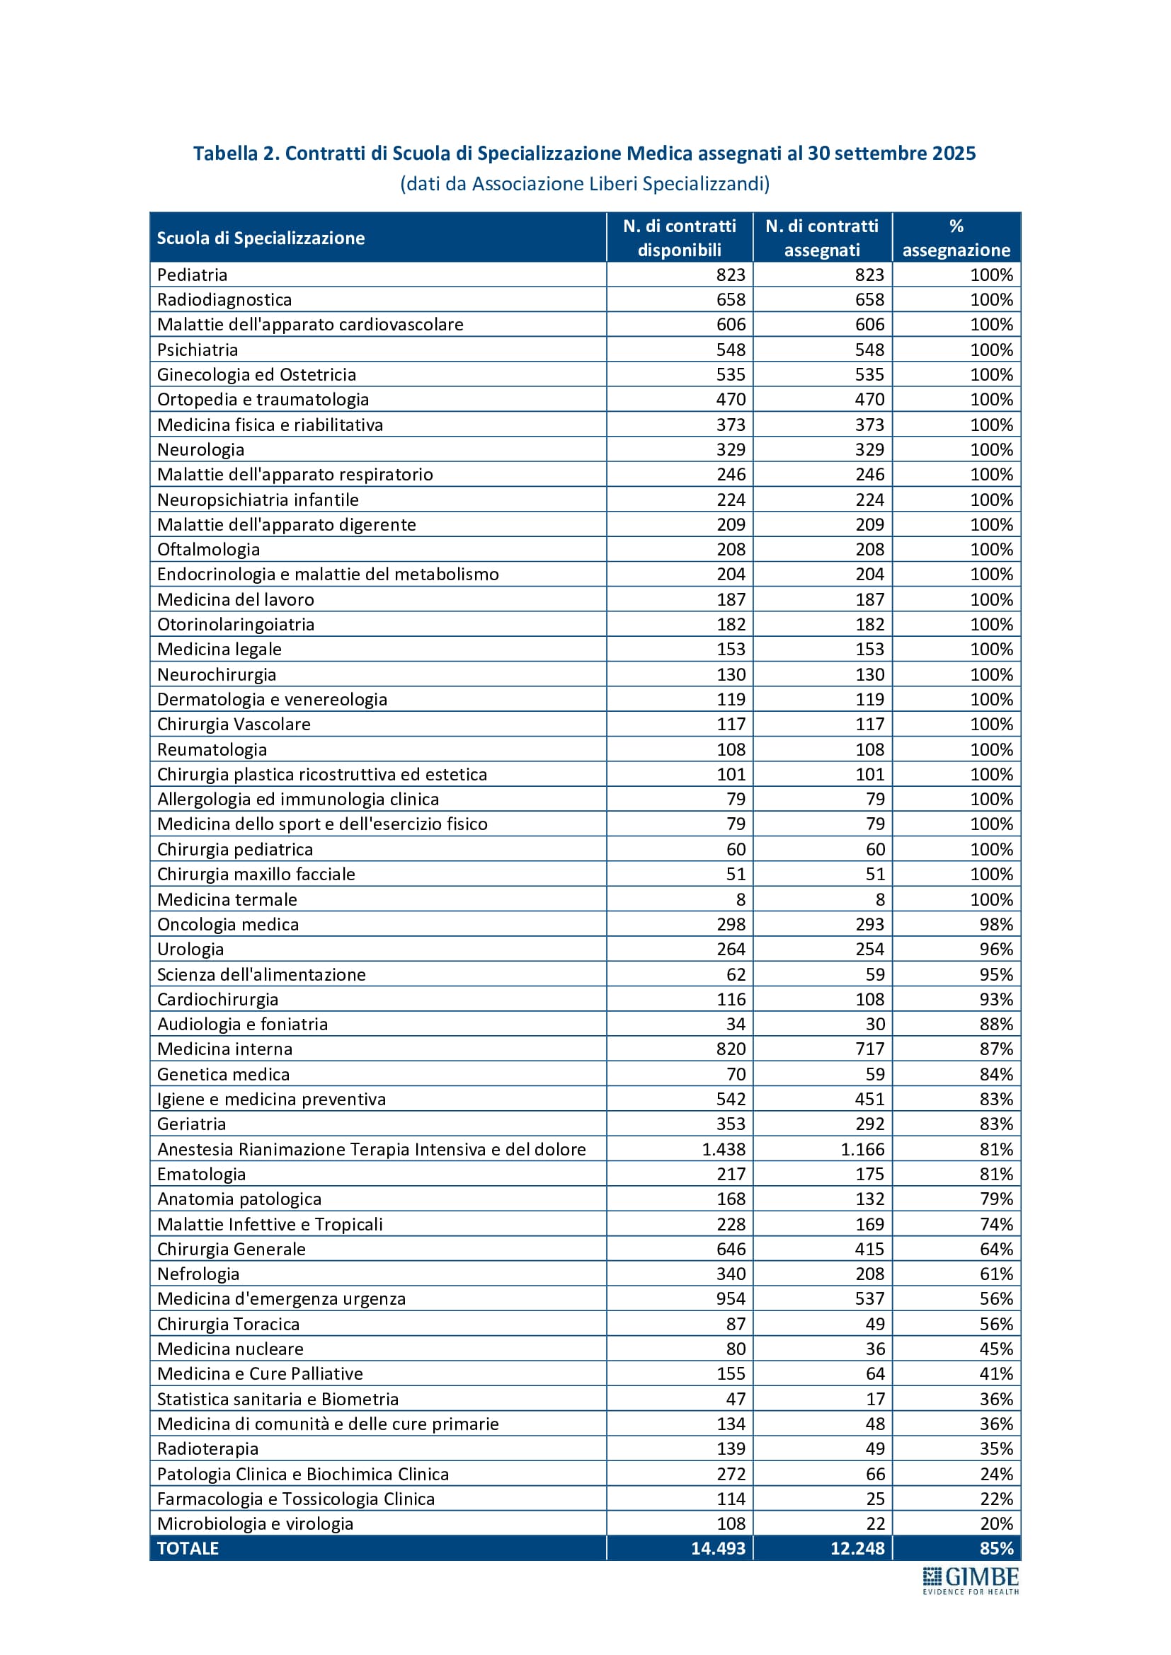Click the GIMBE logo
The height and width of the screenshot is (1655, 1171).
pos(971,1580)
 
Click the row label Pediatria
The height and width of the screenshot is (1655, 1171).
pos(192,275)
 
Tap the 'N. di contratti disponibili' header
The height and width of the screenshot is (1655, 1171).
pos(679,238)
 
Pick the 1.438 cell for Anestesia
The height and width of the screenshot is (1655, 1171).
pos(724,1149)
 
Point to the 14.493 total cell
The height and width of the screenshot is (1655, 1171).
pos(717,1547)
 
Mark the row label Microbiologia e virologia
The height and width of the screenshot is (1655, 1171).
pos(256,1523)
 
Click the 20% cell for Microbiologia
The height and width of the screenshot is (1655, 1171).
pos(996,1523)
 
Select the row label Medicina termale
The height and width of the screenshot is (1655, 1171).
pos(227,899)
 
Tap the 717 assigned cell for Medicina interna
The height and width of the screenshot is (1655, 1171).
pos(869,1049)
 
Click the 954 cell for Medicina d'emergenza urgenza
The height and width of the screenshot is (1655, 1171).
pos(731,1298)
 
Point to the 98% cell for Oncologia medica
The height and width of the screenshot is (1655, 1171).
pos(996,924)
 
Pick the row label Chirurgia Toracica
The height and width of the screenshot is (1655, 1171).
pos(228,1323)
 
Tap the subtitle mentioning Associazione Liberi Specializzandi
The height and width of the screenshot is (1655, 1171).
pos(585,184)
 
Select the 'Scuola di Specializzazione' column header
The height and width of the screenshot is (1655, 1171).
pos(261,238)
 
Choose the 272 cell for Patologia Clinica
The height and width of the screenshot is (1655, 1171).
pos(731,1473)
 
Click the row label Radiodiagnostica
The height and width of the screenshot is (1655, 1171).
pos(224,300)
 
